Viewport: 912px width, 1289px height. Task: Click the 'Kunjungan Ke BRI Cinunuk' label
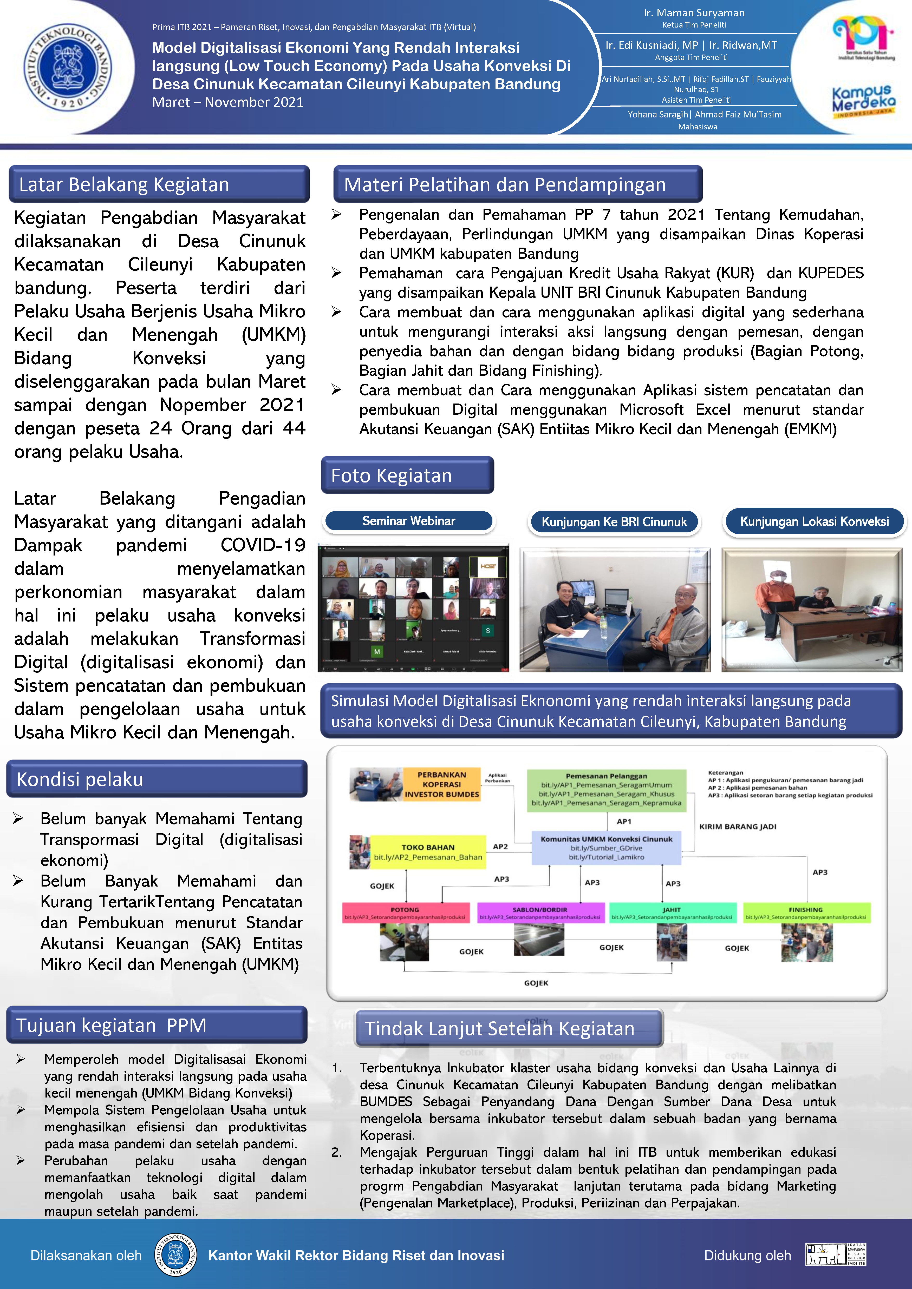(x=614, y=522)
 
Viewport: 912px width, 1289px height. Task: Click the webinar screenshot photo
(x=413, y=608)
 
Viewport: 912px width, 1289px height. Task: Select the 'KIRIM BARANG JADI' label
(x=737, y=827)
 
